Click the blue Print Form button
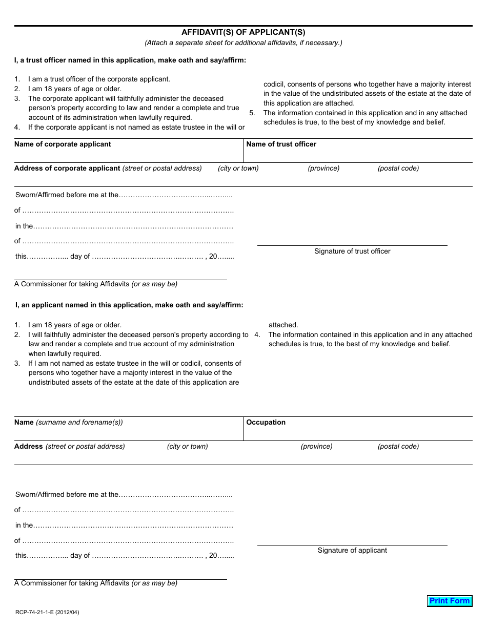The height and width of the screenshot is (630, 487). pos(449,601)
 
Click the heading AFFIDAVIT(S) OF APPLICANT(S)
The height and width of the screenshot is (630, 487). pos(243,32)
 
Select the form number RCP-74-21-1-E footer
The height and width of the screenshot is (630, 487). pos(47,612)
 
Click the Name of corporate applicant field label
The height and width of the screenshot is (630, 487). pos(63,144)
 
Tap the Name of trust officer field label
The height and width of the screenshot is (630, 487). pos(281,144)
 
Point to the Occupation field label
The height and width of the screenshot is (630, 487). pos(266,423)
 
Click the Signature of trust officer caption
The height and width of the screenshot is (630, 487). pos(352,251)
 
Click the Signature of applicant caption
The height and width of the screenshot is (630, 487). pos(352,551)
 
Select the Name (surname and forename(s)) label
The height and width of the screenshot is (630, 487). pos(69,423)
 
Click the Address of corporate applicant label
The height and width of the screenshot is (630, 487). pos(108,169)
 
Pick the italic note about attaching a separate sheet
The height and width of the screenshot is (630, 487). pos(243,43)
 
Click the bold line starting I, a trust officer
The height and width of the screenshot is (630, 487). pos(130,60)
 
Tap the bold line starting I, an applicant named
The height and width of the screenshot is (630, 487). pos(129,305)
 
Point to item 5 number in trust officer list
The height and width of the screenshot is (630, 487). pos(252,113)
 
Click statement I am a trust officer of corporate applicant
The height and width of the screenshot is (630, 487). pos(99,79)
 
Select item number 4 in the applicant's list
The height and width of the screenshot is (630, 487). pos(257,335)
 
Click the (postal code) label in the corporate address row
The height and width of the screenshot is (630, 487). pos(398,169)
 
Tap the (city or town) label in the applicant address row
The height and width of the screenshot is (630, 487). pos(187,447)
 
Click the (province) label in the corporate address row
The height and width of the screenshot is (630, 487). pos(323,169)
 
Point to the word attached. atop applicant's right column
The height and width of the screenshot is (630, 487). pos(283,325)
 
